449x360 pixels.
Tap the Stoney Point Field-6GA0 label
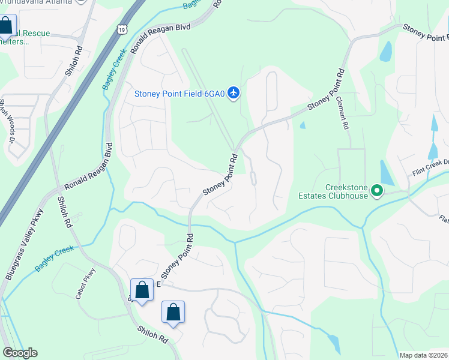tap(179, 94)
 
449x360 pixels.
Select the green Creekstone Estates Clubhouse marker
tap(377, 191)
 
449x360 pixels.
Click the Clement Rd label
tap(343, 114)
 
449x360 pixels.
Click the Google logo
tap(20, 353)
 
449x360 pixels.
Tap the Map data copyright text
tap(423, 355)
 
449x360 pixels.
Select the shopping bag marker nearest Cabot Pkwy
tap(142, 291)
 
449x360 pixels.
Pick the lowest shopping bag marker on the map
tap(173, 313)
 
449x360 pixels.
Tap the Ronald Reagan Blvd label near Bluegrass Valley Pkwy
tap(89, 167)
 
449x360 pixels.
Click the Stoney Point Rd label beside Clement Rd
tap(327, 91)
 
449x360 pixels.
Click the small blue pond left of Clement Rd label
tap(302, 125)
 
